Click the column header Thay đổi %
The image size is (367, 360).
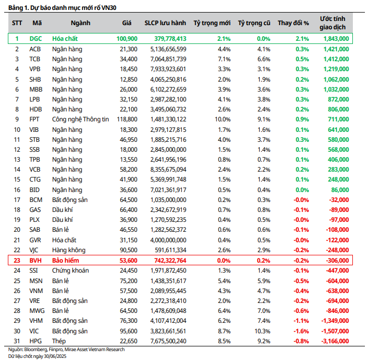pyautogui.click(x=293, y=22)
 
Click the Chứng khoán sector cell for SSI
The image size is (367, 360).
pyautogui.click(x=71, y=270)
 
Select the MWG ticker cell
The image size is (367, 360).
pyautogui.click(x=36, y=310)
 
